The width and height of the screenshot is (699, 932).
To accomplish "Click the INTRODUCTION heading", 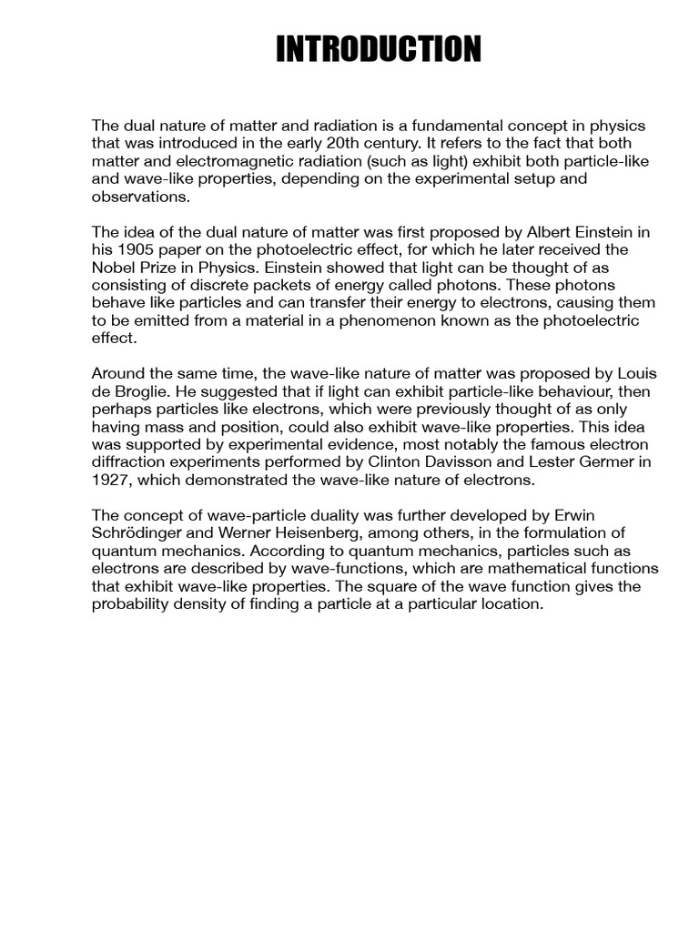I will pyautogui.click(x=379, y=49).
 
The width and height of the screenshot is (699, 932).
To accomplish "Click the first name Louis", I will pyautogui.click(x=636, y=374).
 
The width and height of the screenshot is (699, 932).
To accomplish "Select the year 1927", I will pyautogui.click(x=111, y=480).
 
